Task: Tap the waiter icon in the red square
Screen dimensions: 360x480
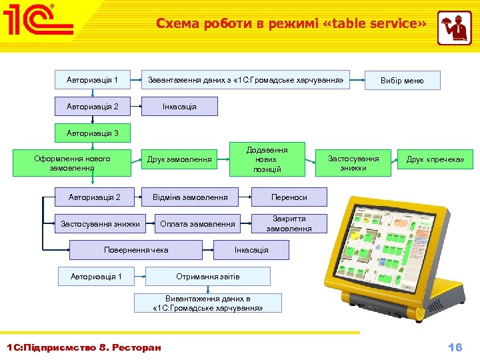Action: [x=454, y=28]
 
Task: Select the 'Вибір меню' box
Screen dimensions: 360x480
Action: [x=401, y=81]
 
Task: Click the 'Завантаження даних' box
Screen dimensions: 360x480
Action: [x=245, y=81]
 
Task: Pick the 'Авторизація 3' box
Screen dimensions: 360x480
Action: [x=92, y=133]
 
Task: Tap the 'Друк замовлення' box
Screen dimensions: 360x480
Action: [x=179, y=159]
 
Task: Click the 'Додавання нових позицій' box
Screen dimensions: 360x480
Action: [x=267, y=159]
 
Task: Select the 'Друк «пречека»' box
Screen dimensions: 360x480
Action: [x=435, y=159]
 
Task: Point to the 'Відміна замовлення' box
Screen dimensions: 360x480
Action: [x=190, y=197]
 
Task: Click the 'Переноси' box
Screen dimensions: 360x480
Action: [x=289, y=197]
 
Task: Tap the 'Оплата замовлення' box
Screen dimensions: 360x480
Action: [x=197, y=224]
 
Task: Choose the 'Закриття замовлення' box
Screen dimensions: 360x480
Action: [x=289, y=224]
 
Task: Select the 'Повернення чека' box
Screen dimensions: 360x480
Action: [x=136, y=250]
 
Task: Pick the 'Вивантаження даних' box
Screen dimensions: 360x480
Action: [x=207, y=303]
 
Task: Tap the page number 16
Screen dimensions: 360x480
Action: [x=455, y=347]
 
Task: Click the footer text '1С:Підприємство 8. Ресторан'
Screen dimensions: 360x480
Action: [x=83, y=348]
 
